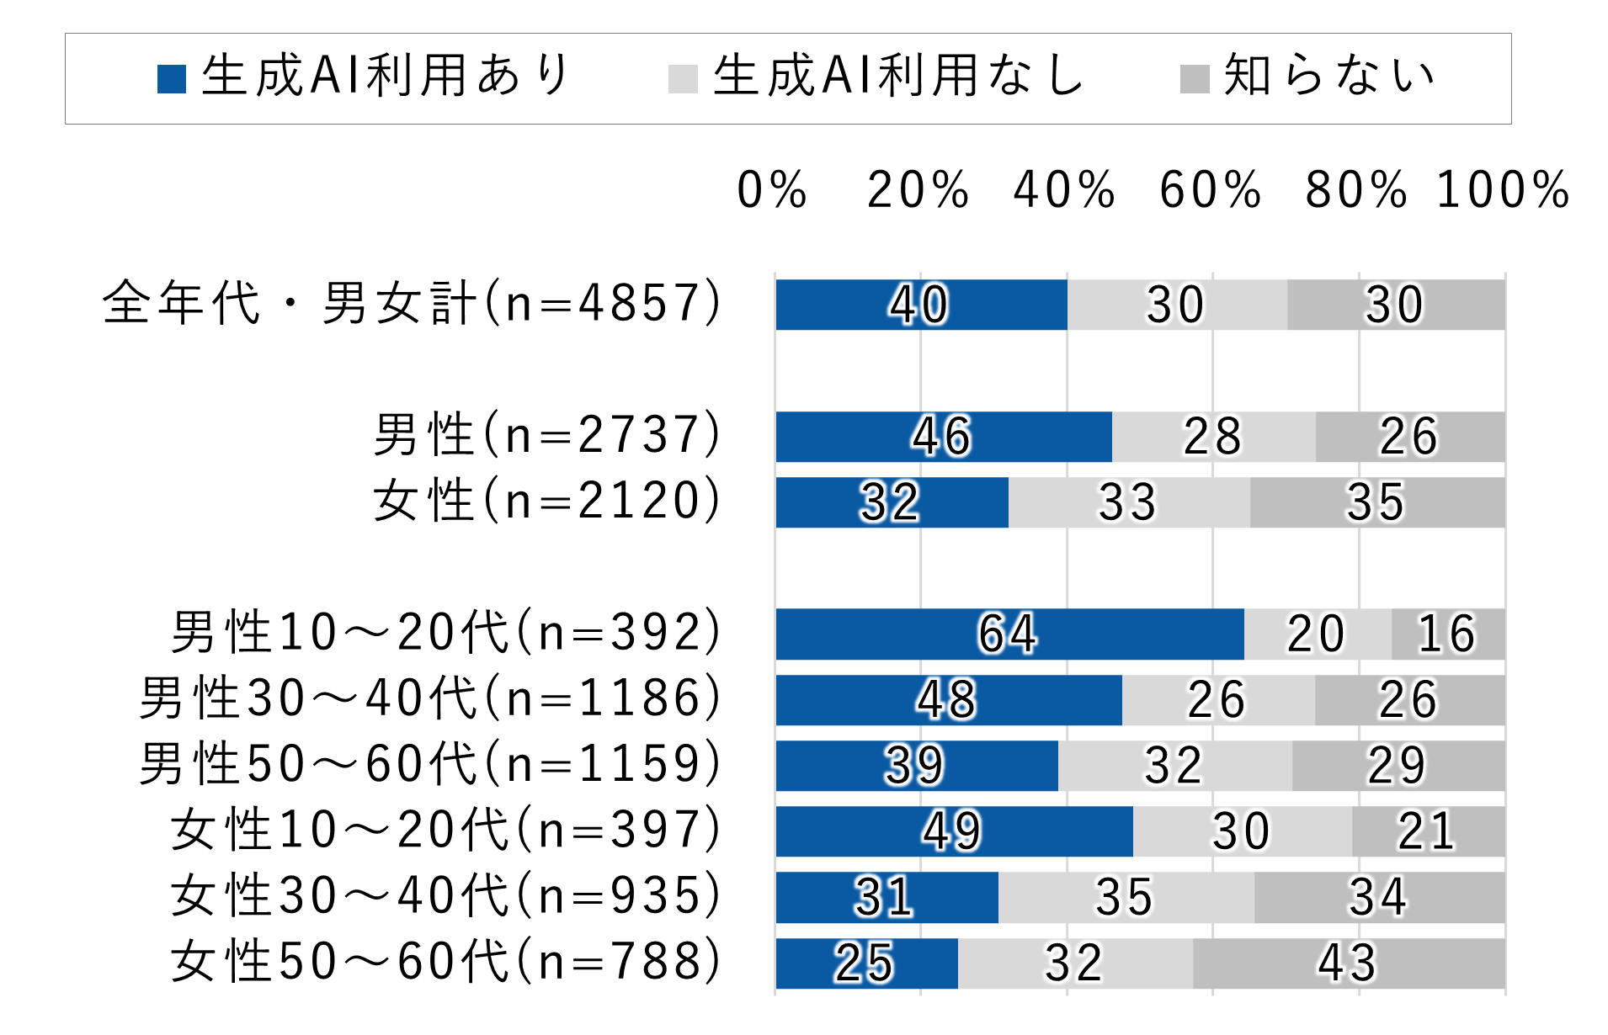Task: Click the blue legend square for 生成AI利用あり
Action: pyautogui.click(x=172, y=78)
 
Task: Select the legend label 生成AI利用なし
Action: pyautogui.click(x=897, y=76)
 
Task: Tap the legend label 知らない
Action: pyautogui.click(x=1328, y=76)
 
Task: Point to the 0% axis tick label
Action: pyautogui.click(x=771, y=189)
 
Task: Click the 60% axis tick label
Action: pyautogui.click(x=1210, y=189)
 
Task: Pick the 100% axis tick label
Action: pyautogui.click(x=1503, y=189)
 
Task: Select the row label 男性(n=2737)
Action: pyautogui.click(x=547, y=435)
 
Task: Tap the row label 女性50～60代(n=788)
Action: pyautogui.click(x=446, y=962)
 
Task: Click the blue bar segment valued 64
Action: pyautogui.click(x=1009, y=634)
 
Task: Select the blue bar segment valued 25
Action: pyautogui.click(x=865, y=963)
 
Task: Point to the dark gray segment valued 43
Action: pyautogui.click(x=1348, y=963)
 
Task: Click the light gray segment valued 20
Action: pyautogui.click(x=1317, y=634)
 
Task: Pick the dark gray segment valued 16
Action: pyautogui.click(x=1447, y=634)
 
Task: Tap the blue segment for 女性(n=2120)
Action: pyautogui.click(x=891, y=502)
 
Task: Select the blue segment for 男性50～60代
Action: pyautogui.click(x=916, y=766)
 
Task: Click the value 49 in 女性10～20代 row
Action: pyautogui.click(x=953, y=831)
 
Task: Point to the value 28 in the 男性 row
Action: pyautogui.click(x=1212, y=437)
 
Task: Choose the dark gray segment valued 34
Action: pyautogui.click(x=1378, y=897)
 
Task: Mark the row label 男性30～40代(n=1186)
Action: pyautogui.click(x=430, y=698)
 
